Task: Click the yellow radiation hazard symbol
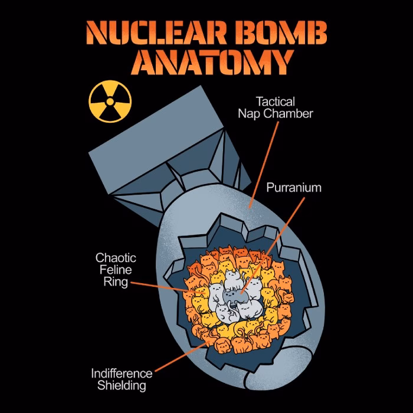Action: click(x=109, y=101)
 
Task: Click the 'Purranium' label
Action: click(x=294, y=188)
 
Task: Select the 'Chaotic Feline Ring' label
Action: click(x=116, y=270)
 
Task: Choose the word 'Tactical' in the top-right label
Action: click(x=276, y=101)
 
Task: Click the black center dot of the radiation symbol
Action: click(x=109, y=101)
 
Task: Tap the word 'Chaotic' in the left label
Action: click(x=116, y=258)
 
